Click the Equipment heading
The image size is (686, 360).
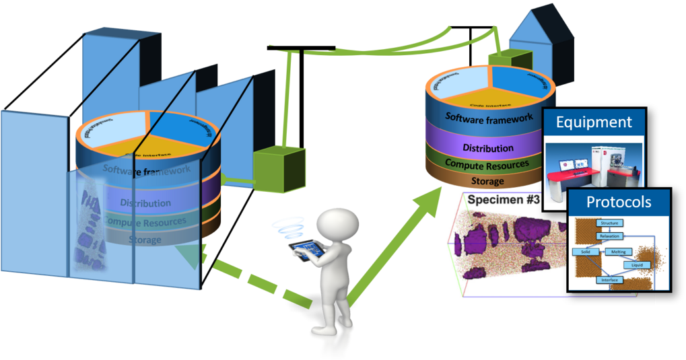593,122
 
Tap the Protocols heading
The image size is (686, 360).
618,202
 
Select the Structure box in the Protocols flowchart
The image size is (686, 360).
609,223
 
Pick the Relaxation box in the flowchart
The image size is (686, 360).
608,236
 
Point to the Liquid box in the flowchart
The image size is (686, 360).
636,265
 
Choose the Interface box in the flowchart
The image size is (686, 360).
609,279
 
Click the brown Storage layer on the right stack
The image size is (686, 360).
487,181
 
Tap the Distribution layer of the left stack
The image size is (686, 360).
145,203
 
